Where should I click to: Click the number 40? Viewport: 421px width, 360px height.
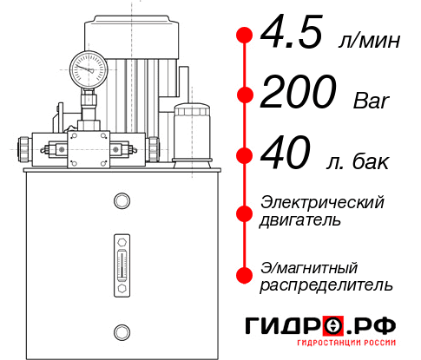pyautogui.click(x=286, y=156)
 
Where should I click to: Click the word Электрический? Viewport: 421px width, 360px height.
pyautogui.click(x=322, y=202)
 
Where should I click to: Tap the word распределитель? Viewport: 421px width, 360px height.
pyautogui.click(x=326, y=285)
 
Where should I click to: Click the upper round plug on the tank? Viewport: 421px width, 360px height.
pyautogui.click(x=121, y=201)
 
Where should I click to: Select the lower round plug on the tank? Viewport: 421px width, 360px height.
pyautogui.click(x=121, y=330)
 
